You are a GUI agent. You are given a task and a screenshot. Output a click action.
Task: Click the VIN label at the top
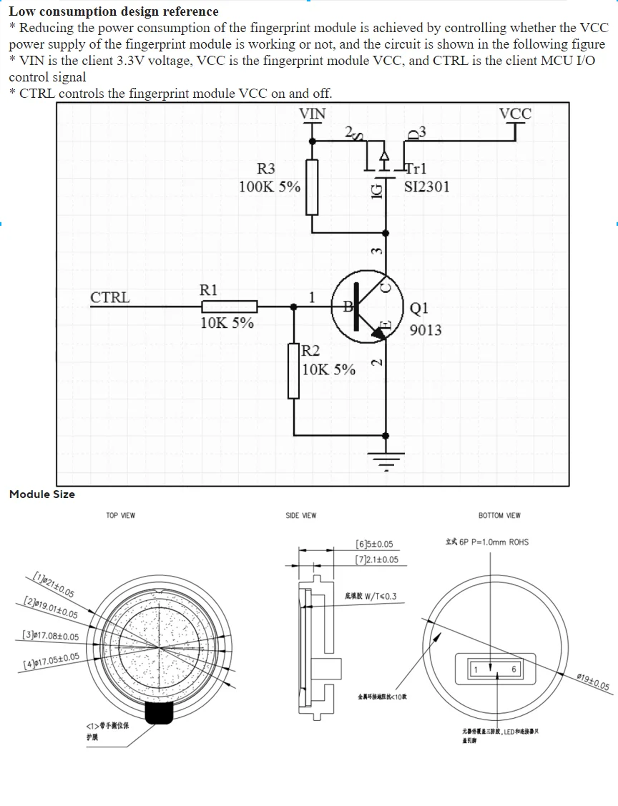pyautogui.click(x=312, y=114)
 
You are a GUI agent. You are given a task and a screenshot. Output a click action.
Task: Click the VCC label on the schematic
pyautogui.click(x=515, y=114)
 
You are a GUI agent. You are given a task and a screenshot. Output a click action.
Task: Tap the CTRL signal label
pyautogui.click(x=110, y=298)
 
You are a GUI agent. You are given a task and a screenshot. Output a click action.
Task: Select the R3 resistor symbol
pyautogui.click(x=312, y=187)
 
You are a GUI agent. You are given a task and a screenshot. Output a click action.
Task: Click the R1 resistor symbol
pyautogui.click(x=229, y=307)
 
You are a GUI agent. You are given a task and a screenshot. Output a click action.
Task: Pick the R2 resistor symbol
pyautogui.click(x=294, y=371)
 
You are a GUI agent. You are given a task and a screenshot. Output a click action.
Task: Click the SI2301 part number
pyautogui.click(x=427, y=187)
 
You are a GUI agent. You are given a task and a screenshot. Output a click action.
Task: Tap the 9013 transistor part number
pyautogui.click(x=426, y=330)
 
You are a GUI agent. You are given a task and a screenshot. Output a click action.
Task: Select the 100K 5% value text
pyautogui.click(x=270, y=187)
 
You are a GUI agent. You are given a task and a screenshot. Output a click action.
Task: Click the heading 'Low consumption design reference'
pyautogui.click(x=114, y=11)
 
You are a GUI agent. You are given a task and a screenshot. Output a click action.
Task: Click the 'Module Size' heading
pyautogui.click(x=41, y=494)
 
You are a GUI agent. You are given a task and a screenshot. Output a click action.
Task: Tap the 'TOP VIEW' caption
pyautogui.click(x=120, y=515)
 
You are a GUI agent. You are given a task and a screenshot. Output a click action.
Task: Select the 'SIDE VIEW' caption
pyautogui.click(x=300, y=515)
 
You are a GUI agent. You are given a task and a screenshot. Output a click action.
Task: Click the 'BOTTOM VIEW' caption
pyautogui.click(x=499, y=515)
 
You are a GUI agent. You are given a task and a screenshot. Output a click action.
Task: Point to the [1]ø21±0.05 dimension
pyautogui.click(x=54, y=584)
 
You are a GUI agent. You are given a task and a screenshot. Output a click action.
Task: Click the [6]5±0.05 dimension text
pyautogui.click(x=374, y=544)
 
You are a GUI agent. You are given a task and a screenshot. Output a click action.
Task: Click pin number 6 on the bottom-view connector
pyautogui.click(x=514, y=669)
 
